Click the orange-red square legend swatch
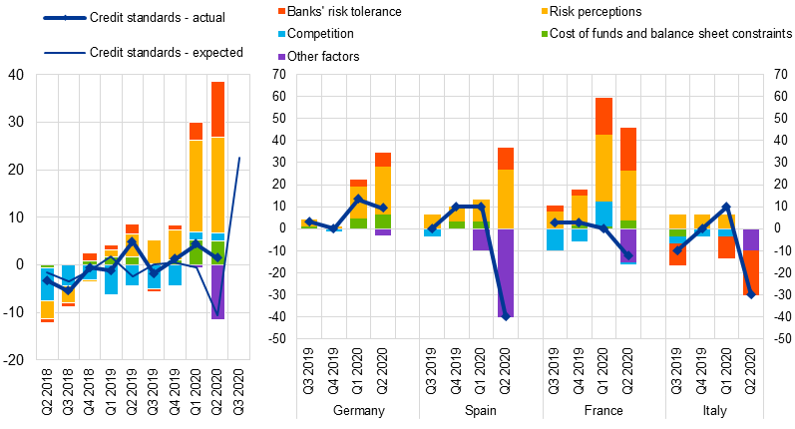click(281, 11)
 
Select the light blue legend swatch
click(281, 34)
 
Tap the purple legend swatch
click(281, 57)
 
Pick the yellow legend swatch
click(545, 11)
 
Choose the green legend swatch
click(545, 34)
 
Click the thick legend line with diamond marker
click(65, 18)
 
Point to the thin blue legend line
click(65, 53)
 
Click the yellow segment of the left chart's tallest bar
click(217, 185)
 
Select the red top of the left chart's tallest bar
click(217, 109)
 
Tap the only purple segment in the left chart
click(217, 291)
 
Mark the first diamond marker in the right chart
click(309, 221)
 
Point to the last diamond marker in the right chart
click(751, 294)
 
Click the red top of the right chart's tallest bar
click(604, 116)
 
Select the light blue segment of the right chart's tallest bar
click(604, 214)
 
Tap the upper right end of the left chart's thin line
click(239, 158)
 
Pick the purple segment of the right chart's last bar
click(751, 239)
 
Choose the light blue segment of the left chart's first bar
click(47, 284)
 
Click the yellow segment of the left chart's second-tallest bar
click(197, 186)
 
